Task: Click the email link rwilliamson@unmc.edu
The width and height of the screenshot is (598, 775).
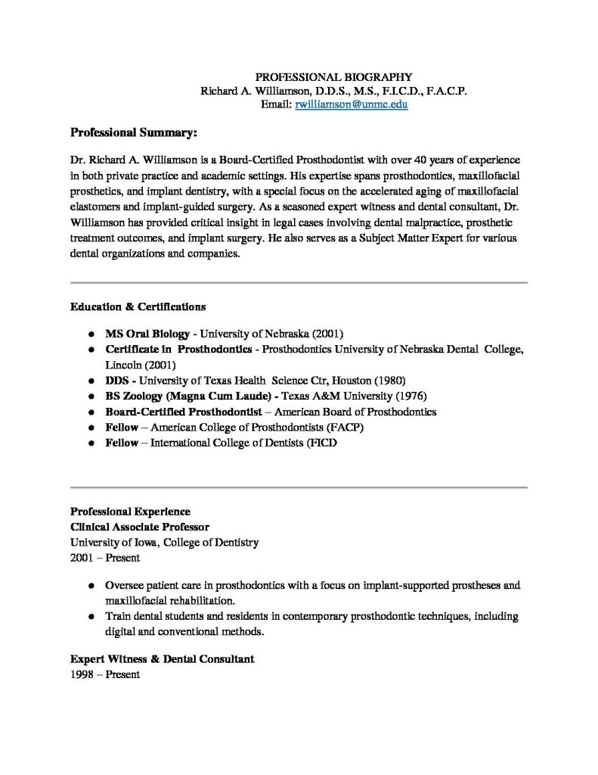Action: pos(345,105)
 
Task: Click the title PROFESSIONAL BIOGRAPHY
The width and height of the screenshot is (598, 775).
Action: pos(333,76)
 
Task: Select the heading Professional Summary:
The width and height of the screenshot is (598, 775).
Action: pos(133,133)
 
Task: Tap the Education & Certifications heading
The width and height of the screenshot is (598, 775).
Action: pos(138,307)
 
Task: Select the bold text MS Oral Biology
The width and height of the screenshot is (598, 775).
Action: pos(147,333)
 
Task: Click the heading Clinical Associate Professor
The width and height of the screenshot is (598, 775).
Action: pos(140,527)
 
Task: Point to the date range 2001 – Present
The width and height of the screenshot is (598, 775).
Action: pos(105,559)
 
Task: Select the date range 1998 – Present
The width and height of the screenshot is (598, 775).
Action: pos(105,674)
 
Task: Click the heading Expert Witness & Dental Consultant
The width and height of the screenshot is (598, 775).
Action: pos(162,658)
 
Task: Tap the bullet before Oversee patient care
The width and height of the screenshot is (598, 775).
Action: pos(91,586)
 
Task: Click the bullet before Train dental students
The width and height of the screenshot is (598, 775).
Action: pos(91,617)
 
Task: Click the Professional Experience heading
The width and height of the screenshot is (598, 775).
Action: pos(130,511)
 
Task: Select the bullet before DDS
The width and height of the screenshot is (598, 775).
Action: pos(91,381)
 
